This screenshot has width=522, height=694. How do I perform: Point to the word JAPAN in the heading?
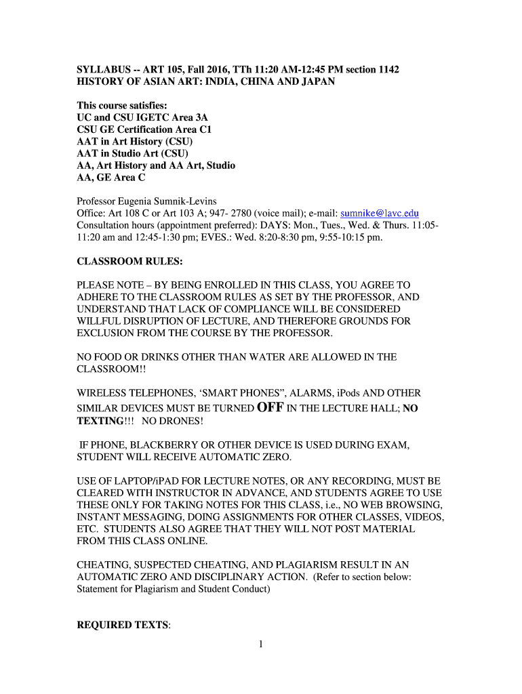tap(317, 81)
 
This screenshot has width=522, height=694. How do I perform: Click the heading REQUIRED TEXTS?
tap(123, 625)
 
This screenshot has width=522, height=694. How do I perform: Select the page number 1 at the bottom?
tap(260, 645)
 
